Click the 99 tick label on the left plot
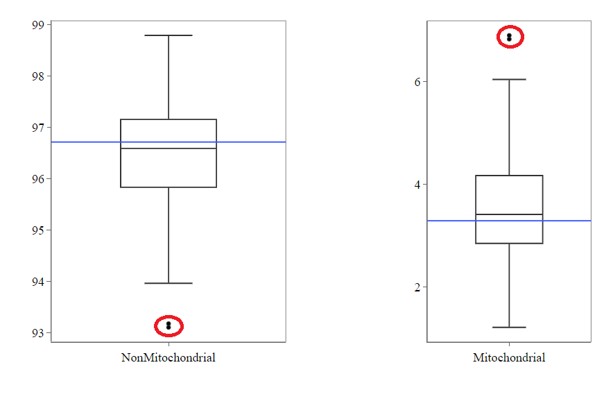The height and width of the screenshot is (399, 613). point(37,25)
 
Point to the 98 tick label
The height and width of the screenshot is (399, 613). point(37,76)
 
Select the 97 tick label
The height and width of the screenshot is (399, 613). point(37,128)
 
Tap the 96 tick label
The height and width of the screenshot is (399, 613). point(37,179)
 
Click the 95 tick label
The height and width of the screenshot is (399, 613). point(37,230)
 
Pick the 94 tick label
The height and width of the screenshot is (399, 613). point(37,282)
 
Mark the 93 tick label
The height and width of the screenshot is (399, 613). point(37,333)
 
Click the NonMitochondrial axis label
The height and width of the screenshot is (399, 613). point(169,358)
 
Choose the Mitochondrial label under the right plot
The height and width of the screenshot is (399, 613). point(509,358)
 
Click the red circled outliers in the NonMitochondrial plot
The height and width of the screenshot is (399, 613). point(169,325)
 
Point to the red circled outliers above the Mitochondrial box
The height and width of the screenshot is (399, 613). point(509,37)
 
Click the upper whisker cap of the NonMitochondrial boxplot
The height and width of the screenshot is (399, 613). point(169,35)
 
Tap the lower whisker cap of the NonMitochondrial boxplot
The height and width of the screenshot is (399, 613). point(169,283)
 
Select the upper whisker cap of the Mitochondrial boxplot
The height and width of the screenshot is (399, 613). point(509,80)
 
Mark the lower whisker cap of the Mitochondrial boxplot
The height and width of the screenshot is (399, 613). point(509,327)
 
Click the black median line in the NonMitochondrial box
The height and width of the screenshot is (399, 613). point(169,148)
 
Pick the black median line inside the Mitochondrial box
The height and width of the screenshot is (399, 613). point(509,214)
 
